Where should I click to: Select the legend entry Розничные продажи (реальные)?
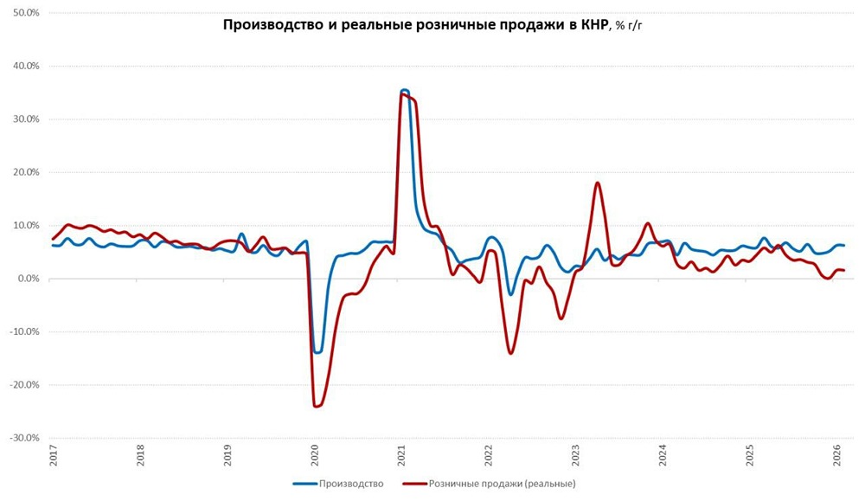click(502, 484)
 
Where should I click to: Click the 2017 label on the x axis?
click(54, 457)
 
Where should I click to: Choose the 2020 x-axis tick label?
click(315, 457)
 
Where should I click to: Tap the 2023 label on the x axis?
click(576, 457)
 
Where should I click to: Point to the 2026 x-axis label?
click(837, 457)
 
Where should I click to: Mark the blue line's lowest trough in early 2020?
click(317, 352)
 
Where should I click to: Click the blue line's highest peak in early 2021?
click(404, 90)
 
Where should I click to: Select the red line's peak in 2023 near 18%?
click(598, 183)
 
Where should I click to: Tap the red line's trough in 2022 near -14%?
click(510, 353)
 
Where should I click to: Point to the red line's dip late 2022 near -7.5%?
click(561, 318)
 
